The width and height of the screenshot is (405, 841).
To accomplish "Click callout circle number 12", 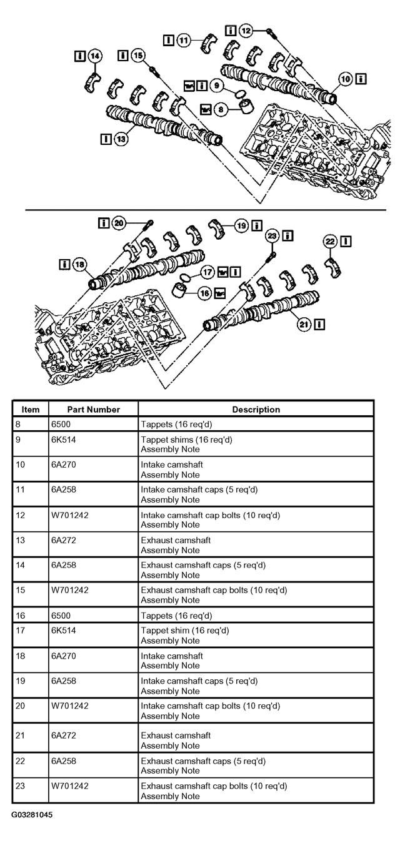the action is [x=246, y=31].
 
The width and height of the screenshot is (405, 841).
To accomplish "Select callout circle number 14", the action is [x=95, y=56].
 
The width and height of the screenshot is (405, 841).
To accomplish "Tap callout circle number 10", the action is [x=345, y=79].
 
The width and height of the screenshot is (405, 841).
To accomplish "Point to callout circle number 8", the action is [x=221, y=109].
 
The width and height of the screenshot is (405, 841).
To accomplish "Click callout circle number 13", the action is [x=121, y=139].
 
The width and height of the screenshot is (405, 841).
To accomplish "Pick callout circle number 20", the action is [x=119, y=224].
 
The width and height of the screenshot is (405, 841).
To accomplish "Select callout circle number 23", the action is [x=272, y=236].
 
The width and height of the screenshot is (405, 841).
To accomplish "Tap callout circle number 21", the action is [x=304, y=324].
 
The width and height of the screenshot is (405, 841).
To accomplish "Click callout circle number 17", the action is [x=207, y=272].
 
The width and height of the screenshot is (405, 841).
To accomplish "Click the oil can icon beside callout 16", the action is [x=220, y=293].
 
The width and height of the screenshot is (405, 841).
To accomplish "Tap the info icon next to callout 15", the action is [x=123, y=56].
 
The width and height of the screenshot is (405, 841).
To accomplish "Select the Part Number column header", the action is [x=94, y=410].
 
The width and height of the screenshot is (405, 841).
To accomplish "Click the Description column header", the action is [x=256, y=410].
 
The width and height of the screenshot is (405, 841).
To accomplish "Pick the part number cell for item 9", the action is [x=64, y=440].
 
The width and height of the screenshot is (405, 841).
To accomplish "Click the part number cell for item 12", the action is [x=70, y=515].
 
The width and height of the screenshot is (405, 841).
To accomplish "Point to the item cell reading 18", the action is [x=20, y=656].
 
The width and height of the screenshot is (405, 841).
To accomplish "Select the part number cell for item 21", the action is [x=64, y=735].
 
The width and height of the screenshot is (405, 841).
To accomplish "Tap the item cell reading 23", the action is [x=20, y=786].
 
